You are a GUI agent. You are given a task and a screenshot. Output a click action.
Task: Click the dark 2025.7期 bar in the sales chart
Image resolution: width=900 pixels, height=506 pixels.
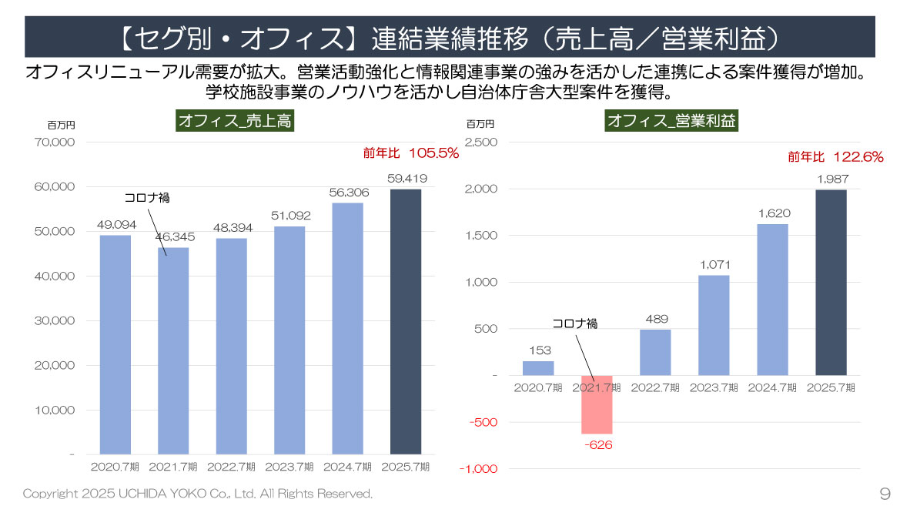click(x=406, y=321)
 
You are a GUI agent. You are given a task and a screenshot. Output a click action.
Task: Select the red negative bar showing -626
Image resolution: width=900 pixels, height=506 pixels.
click(x=597, y=404)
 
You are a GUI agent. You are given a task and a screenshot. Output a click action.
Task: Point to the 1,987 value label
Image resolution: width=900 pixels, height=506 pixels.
click(x=831, y=179)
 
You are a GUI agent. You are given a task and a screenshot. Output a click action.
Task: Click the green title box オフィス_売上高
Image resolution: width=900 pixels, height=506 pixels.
click(x=235, y=121)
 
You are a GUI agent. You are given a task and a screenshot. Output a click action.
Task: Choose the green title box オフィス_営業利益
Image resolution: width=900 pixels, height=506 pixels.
click(x=671, y=121)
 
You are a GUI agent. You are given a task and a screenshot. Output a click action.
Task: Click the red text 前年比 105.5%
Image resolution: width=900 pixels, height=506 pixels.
click(x=411, y=153)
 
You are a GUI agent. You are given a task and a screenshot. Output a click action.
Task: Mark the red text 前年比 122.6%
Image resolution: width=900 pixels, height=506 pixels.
click(x=835, y=156)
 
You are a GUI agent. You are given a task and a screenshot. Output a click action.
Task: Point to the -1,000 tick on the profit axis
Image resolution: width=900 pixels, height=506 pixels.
click(x=478, y=469)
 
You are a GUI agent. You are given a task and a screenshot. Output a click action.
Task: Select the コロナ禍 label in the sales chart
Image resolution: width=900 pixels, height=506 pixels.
click(x=147, y=198)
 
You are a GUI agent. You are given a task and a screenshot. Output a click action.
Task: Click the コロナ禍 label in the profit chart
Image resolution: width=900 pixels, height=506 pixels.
click(x=575, y=323)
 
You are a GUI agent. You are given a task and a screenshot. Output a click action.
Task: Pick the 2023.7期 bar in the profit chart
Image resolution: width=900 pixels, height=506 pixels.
click(x=714, y=325)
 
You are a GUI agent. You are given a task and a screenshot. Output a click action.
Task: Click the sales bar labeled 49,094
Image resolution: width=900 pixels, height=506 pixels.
click(x=115, y=344)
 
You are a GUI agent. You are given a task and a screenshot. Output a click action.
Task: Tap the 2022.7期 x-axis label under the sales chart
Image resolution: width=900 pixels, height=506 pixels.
click(x=231, y=467)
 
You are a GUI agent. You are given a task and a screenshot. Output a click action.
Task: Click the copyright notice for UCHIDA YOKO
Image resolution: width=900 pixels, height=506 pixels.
click(x=198, y=493)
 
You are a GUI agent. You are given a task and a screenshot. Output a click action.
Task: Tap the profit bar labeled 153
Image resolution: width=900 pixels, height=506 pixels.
click(x=538, y=368)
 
